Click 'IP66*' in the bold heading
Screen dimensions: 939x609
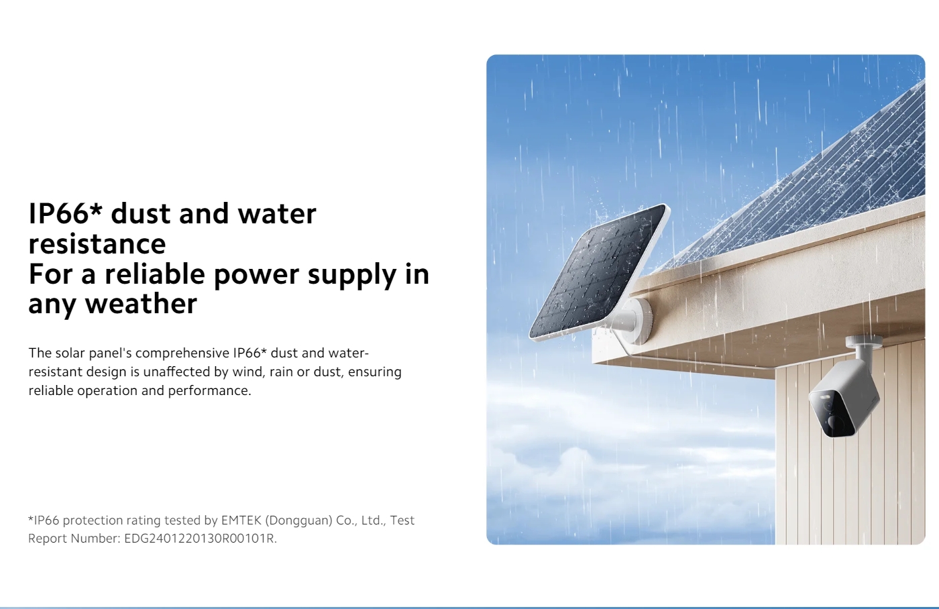(x=66, y=213)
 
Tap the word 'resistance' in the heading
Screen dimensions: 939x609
(x=97, y=243)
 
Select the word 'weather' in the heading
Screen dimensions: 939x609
(x=142, y=303)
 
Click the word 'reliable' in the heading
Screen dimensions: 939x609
(x=155, y=274)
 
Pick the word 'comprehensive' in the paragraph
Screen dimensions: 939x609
(x=182, y=353)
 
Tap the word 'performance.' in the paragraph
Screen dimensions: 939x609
(x=209, y=391)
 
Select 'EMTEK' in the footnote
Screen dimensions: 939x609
(x=241, y=520)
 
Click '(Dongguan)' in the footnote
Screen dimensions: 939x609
(x=299, y=520)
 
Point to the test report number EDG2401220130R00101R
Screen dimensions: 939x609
(x=201, y=538)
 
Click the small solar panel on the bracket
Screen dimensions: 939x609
(x=599, y=271)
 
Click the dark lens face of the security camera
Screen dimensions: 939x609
(x=833, y=413)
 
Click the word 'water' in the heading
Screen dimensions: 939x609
(x=277, y=213)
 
